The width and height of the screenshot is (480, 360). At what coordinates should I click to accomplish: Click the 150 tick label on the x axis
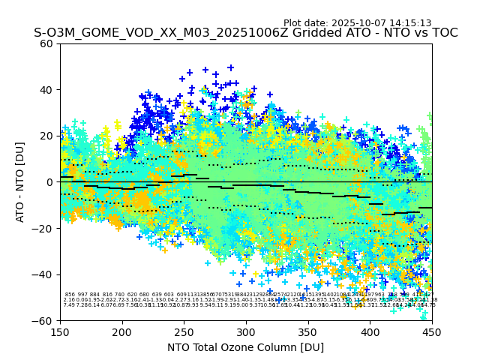coord(60,331)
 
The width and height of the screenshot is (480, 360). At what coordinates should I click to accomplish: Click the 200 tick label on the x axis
coord(122,331)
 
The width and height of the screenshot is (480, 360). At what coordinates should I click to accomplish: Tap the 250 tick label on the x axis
coord(184,331)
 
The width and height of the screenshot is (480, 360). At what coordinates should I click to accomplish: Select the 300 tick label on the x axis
coord(246,331)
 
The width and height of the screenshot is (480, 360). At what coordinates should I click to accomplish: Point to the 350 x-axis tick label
coord(308,331)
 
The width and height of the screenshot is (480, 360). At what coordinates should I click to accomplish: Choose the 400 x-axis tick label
coord(370,331)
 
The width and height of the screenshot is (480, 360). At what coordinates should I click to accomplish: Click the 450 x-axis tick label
coord(432,331)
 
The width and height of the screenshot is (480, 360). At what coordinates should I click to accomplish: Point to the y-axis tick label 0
coord(50,182)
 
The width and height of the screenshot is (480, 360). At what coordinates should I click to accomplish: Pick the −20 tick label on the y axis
coord(44,228)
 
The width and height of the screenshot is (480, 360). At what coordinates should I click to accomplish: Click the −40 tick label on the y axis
coord(44,274)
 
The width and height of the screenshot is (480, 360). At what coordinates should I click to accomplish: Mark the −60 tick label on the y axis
coord(44,320)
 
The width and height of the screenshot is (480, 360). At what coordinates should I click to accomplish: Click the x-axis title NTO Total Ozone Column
coord(246,347)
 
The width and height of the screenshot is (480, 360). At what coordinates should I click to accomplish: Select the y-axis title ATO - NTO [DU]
coord(20,182)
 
